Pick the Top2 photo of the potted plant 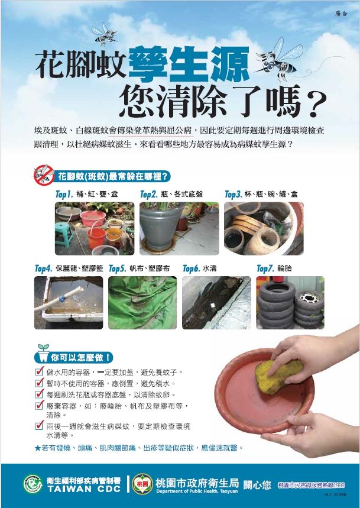click(179, 228)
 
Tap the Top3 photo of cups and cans click(263, 228)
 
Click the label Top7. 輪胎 click(274, 268)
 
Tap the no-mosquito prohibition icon click(44, 176)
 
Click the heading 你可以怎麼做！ click(83, 357)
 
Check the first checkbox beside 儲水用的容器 click(39, 372)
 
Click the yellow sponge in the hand click(278, 374)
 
